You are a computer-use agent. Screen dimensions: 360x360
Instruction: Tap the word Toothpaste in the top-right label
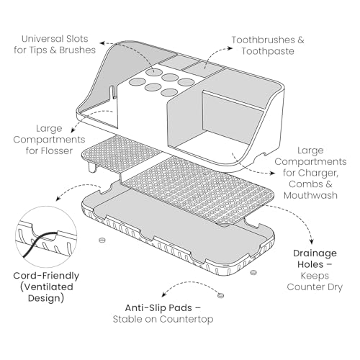(x=268, y=51)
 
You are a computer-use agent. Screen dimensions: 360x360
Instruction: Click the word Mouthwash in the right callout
(x=310, y=195)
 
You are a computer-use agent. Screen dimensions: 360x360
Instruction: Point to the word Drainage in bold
(x=315, y=253)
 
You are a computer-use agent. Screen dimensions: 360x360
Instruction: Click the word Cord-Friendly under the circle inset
(x=46, y=276)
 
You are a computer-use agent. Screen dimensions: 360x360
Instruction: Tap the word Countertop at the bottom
(x=186, y=319)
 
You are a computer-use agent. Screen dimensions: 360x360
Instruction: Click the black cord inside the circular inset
(x=38, y=243)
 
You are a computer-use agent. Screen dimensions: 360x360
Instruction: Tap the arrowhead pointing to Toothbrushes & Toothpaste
(x=230, y=48)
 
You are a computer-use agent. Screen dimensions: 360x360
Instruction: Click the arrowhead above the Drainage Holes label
(x=312, y=241)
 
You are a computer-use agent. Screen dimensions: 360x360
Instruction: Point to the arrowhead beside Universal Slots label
(x=102, y=43)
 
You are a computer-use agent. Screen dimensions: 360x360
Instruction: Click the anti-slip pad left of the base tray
(x=102, y=240)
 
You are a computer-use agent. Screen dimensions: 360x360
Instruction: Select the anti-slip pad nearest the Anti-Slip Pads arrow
(x=220, y=295)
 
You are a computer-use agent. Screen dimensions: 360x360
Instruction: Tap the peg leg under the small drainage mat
(x=92, y=167)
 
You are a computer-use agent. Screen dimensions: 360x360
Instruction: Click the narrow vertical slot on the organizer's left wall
(x=112, y=91)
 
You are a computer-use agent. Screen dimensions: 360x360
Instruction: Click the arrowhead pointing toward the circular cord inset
(x=58, y=199)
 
